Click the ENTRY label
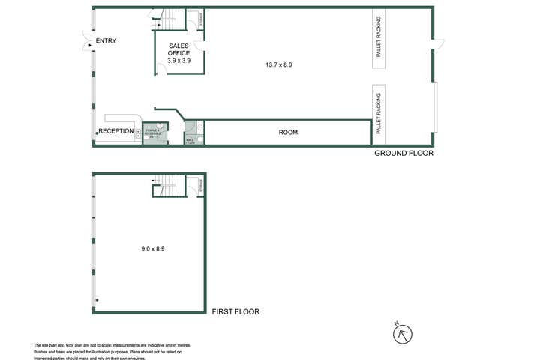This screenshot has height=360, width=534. click(x=106, y=40)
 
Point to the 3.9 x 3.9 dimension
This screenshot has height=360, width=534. click(x=178, y=60)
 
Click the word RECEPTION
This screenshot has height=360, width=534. click(x=116, y=131)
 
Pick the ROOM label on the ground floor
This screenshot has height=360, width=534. click(x=288, y=133)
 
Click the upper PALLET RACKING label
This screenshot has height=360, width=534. click(x=379, y=38)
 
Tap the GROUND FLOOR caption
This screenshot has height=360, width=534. click(x=403, y=153)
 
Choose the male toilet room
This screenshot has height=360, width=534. click(x=190, y=133)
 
